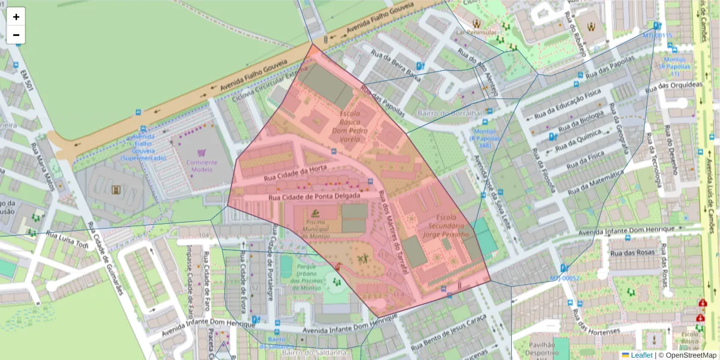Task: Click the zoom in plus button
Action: (16, 17)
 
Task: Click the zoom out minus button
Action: (16, 35)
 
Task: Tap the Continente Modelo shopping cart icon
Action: (202, 153)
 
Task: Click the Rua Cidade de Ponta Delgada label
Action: (314, 196)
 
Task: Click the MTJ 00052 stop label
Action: (565, 278)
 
